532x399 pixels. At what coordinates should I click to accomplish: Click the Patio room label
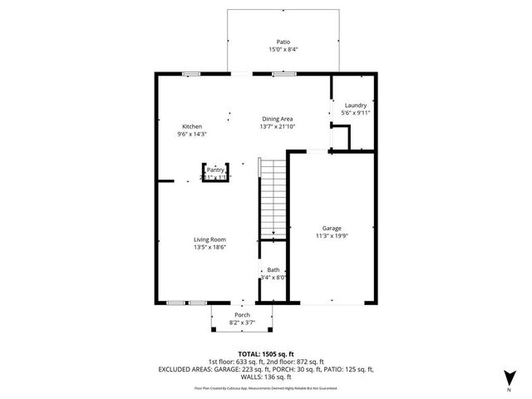(x=283, y=42)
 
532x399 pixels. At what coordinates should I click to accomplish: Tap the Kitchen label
(x=191, y=126)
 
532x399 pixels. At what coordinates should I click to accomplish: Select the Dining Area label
(x=278, y=119)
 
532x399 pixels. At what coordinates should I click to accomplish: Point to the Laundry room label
(x=356, y=106)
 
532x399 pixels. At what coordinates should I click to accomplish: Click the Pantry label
(x=215, y=170)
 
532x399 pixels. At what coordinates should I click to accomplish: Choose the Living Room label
(x=209, y=239)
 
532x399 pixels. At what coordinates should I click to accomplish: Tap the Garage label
(x=332, y=228)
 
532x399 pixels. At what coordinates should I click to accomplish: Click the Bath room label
(x=273, y=270)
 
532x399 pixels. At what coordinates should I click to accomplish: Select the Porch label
(x=242, y=315)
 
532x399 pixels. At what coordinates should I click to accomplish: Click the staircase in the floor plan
(x=272, y=198)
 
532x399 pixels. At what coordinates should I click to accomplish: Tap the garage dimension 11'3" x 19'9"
(x=332, y=235)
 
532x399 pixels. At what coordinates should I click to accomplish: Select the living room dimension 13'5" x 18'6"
(x=209, y=247)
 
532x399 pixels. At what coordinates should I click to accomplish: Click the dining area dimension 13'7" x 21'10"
(x=278, y=126)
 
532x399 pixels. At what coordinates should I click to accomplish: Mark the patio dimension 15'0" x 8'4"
(x=283, y=50)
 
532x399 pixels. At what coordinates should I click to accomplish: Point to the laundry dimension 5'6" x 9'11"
(x=356, y=113)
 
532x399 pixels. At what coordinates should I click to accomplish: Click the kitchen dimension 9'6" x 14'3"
(x=191, y=134)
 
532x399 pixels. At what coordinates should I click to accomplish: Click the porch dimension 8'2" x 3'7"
(x=242, y=323)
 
